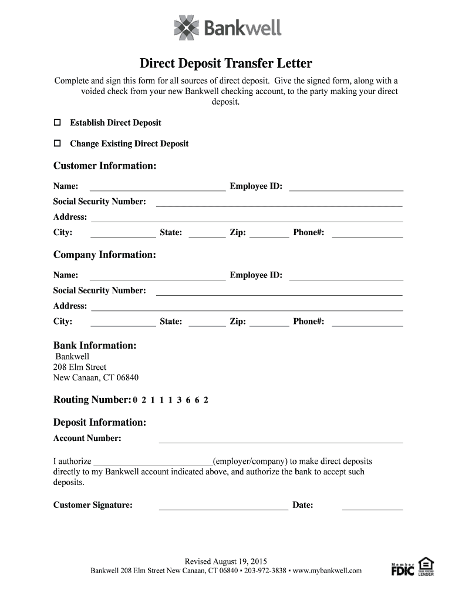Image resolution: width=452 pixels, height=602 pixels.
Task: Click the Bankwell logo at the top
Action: click(228, 27)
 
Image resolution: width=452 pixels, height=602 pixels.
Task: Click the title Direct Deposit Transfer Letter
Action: click(225, 63)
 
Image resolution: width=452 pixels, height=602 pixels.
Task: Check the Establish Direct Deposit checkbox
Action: click(58, 123)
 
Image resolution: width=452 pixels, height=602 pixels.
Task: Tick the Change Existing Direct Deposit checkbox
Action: click(58, 143)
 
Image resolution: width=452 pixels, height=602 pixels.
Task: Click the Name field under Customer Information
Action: click(157, 187)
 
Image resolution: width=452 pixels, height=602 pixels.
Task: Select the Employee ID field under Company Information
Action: click(346, 276)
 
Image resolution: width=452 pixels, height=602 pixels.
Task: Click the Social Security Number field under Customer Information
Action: click(279, 202)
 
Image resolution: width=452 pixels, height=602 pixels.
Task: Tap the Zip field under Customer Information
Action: click(269, 233)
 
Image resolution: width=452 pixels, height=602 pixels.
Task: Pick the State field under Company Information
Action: click(207, 322)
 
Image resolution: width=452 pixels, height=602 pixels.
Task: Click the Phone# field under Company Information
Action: click(367, 322)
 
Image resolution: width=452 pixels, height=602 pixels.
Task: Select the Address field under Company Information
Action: click(247, 306)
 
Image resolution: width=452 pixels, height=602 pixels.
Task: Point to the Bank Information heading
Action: click(95, 345)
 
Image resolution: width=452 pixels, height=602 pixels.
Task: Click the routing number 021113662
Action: click(171, 400)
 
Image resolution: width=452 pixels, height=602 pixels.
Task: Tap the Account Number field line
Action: click(281, 439)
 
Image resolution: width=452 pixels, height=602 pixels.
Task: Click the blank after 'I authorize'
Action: click(153, 461)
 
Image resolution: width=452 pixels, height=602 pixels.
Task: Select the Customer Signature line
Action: click(223, 506)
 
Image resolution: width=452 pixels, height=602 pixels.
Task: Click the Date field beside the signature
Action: click(372, 506)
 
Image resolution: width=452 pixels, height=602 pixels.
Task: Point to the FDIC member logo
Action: click(403, 568)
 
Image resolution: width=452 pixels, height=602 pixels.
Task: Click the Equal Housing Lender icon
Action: click(426, 566)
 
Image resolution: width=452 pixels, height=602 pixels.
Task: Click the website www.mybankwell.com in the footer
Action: click(327, 570)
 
